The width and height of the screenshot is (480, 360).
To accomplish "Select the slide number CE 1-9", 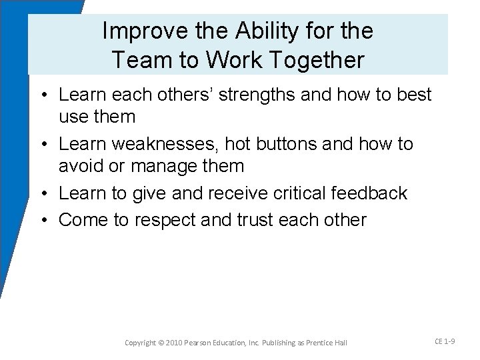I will tap(445, 341).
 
